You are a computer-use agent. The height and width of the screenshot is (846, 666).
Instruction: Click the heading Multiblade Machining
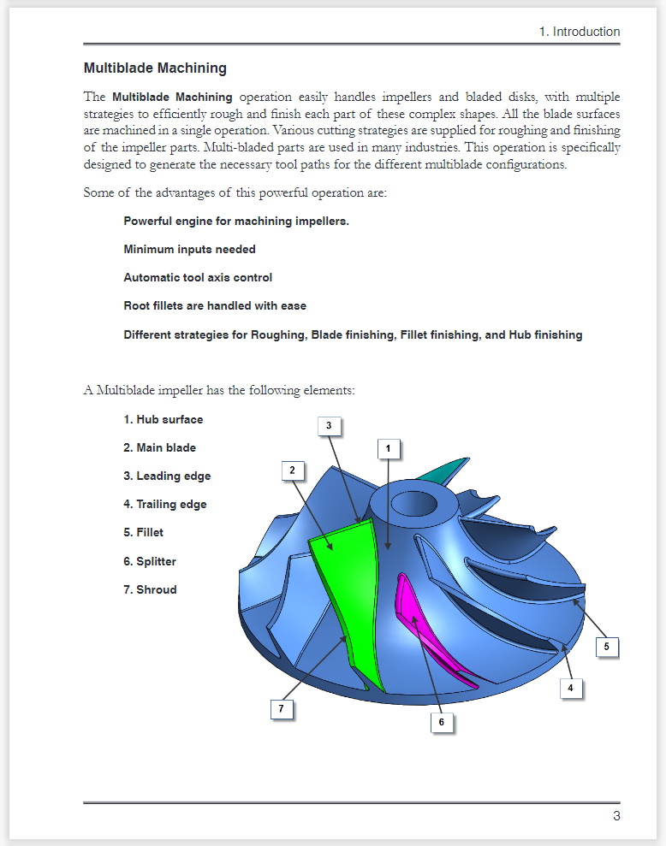click(x=155, y=68)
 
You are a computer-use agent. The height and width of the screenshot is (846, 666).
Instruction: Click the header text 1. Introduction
click(x=579, y=32)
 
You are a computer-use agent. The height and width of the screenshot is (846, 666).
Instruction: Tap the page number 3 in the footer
click(x=616, y=815)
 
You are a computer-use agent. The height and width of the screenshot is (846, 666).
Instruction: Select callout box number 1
click(x=388, y=447)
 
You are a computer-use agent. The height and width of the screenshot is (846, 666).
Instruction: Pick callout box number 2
click(x=292, y=470)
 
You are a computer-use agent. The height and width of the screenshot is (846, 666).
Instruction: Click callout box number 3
click(x=329, y=424)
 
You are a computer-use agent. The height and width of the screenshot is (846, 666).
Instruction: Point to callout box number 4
click(x=571, y=687)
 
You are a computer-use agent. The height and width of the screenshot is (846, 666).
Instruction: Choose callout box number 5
click(x=606, y=647)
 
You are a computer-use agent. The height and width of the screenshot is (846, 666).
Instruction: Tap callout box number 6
click(x=442, y=722)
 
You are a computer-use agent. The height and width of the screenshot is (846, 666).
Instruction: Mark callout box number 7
click(x=280, y=709)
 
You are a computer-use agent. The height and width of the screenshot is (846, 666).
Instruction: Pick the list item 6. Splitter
click(x=150, y=561)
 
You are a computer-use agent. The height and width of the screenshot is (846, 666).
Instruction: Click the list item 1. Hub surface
click(x=163, y=419)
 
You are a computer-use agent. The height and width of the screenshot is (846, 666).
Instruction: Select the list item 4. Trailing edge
click(x=164, y=504)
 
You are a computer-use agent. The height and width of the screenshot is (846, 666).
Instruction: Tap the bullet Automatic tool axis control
click(x=198, y=277)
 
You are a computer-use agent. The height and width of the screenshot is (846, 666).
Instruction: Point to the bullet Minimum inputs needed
click(x=189, y=249)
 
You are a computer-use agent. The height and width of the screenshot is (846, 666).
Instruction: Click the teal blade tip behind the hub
click(x=450, y=470)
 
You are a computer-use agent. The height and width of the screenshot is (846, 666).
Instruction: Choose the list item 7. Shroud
click(x=150, y=589)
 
